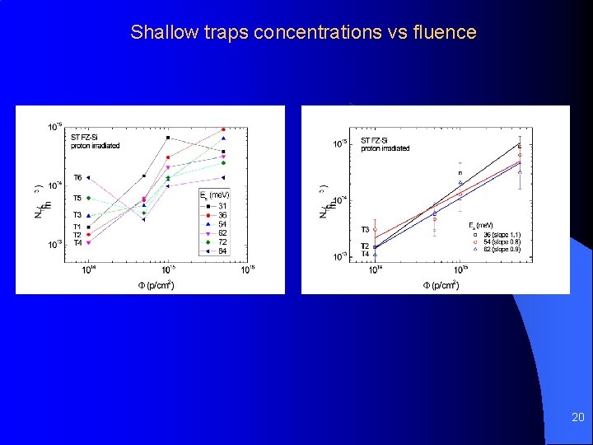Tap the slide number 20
point(577,418)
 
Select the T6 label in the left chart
point(77,177)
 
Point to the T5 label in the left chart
point(77,198)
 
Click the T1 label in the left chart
point(77,227)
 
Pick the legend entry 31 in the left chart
point(222,205)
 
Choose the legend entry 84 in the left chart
point(222,251)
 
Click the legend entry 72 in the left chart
point(222,242)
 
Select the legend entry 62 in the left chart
point(222,233)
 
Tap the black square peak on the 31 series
point(168,138)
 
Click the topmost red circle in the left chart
point(223,129)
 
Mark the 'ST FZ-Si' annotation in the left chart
point(86,138)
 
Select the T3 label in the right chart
point(365,230)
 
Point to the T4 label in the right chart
point(365,255)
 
